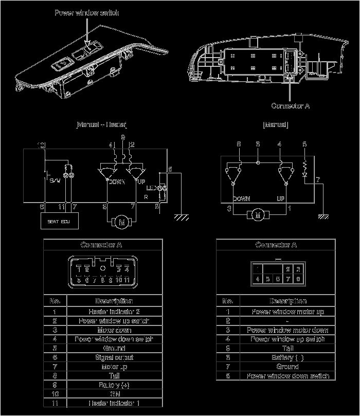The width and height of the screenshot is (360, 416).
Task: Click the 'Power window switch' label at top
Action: pyautogui.click(x=86, y=12)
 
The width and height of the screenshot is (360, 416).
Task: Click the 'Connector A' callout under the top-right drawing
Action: pyautogui.click(x=291, y=106)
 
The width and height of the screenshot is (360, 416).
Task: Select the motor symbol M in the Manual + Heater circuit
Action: pyautogui.click(x=122, y=222)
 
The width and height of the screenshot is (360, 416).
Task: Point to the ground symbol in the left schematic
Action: pyautogui.click(x=179, y=218)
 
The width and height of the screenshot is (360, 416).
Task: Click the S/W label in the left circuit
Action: pyautogui.click(x=55, y=180)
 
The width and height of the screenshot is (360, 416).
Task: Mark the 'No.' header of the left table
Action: pyautogui.click(x=55, y=301)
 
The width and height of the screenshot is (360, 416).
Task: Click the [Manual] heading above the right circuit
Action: pyautogui.click(x=275, y=125)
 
